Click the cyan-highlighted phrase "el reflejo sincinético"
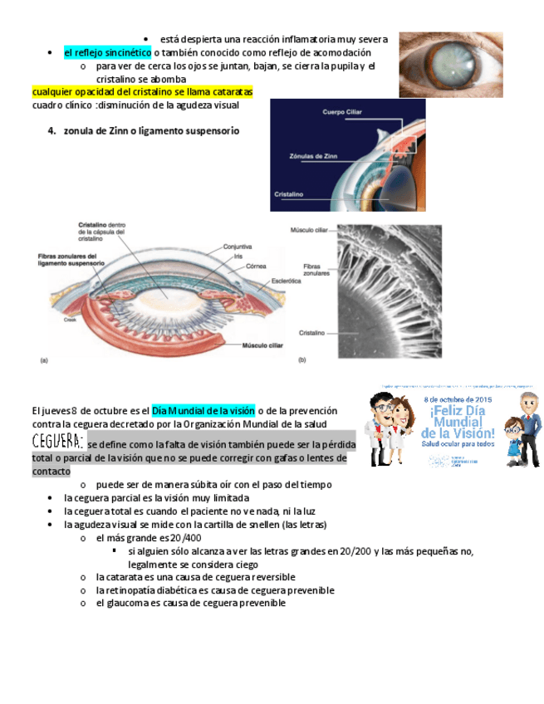(x=107, y=53)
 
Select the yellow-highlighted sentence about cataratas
(x=142, y=92)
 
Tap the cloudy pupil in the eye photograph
(x=449, y=65)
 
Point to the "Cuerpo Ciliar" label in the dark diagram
(x=343, y=111)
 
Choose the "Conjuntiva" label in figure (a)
(x=238, y=246)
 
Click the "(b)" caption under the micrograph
(x=301, y=359)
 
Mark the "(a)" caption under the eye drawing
(x=45, y=359)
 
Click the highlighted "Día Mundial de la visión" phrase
(x=203, y=411)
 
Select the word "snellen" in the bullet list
(x=283, y=525)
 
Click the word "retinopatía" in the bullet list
(x=131, y=590)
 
